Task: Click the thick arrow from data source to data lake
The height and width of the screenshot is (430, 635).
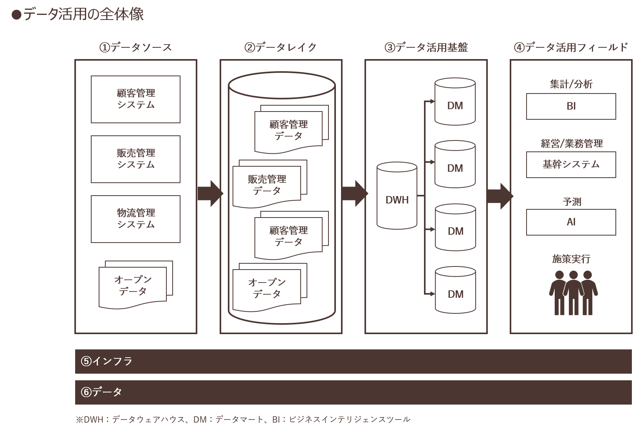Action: (x=210, y=193)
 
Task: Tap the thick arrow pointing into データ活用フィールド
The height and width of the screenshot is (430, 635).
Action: (x=500, y=196)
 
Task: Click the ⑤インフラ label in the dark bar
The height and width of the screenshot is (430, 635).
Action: (x=106, y=361)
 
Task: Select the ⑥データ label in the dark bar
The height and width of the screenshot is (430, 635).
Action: (x=101, y=392)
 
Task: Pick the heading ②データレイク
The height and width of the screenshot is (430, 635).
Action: (x=280, y=47)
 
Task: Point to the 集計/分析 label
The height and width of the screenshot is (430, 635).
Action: (x=571, y=84)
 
